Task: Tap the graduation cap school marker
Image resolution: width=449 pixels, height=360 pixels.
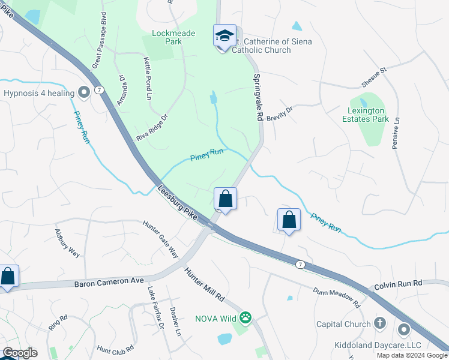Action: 224,37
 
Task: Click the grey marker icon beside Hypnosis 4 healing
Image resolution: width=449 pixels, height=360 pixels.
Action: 84,92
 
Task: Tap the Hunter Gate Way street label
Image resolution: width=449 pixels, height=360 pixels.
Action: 160,238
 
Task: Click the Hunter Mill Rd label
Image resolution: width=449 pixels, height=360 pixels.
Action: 204,284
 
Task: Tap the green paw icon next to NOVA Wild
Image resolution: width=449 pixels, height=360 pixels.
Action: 246,317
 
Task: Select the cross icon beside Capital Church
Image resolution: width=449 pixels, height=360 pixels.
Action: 379,323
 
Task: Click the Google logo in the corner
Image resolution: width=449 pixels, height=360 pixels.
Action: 20,353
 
